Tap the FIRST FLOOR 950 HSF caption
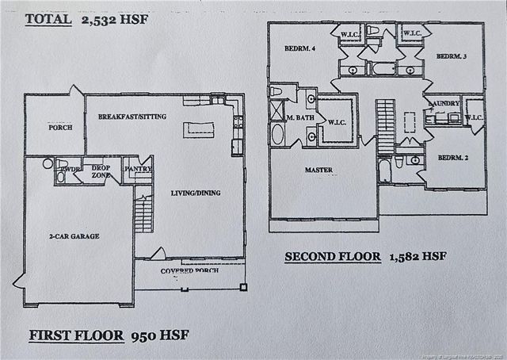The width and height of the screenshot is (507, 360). click(109, 334)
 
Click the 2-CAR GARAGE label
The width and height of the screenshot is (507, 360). click(73, 236)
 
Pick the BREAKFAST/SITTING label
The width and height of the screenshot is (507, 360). click(132, 117)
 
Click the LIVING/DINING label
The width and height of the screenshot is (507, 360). click(196, 193)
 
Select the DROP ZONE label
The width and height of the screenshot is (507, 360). click(101, 172)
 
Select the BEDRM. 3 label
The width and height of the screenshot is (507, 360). click(449, 56)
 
